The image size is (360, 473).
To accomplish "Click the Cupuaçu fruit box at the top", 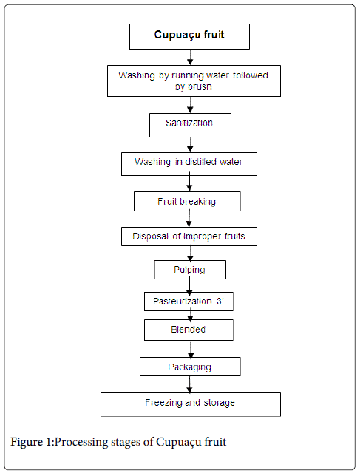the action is (189, 36).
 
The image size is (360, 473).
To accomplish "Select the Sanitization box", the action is (190, 125).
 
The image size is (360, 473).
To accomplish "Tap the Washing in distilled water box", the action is (189, 164).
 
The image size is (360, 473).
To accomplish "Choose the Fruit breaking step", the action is (187, 201).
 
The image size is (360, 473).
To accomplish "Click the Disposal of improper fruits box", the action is (189, 236).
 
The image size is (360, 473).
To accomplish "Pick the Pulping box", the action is (190, 270).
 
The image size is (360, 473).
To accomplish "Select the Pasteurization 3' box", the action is (189, 302).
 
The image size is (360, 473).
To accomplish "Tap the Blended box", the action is (189, 330).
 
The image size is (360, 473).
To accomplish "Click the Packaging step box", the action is (190, 367).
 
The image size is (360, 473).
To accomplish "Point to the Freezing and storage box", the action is (191, 404).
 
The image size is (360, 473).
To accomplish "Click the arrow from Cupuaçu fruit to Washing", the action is (190, 58).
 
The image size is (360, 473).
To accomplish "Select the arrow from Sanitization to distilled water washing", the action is (190, 145).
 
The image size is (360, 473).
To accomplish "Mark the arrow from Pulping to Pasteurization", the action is (189, 286).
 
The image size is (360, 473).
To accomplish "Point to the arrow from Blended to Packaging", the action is (191, 349).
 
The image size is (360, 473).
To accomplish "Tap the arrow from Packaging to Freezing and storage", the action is (189, 384).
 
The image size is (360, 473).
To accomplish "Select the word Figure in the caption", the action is (27, 442).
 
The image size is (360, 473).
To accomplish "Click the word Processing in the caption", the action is (81, 442).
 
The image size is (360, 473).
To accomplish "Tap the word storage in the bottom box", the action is (220, 403).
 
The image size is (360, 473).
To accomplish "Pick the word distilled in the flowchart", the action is (200, 162).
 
